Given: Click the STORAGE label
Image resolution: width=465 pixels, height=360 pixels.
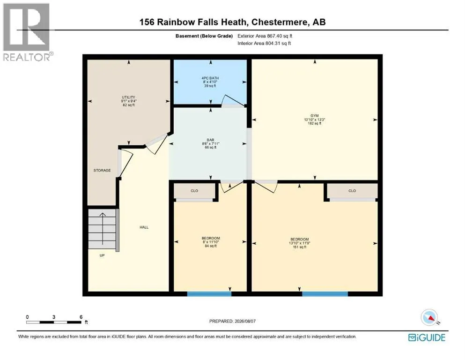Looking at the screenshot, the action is pos(102,170).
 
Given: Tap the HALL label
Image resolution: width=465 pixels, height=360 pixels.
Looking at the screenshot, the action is pos(144,227).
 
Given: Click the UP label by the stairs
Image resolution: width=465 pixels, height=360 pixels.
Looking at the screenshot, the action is pos(102,255).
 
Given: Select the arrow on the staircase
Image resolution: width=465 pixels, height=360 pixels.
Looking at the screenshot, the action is pos(102,229).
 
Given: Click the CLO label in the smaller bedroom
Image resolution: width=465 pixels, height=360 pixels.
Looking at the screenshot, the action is pos(194,191).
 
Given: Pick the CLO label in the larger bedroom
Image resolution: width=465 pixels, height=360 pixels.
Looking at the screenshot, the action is pos(352,191).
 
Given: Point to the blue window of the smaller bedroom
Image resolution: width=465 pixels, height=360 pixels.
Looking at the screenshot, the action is pos(209,294).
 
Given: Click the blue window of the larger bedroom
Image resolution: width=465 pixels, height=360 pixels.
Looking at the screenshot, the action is pos(325,294).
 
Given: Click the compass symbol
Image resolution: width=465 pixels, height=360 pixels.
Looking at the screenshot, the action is pos(429,317).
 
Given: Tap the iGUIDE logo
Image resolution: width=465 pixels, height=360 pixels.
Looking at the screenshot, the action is pos(427,338).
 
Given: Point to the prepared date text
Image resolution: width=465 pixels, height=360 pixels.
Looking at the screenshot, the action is pos(232,321).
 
